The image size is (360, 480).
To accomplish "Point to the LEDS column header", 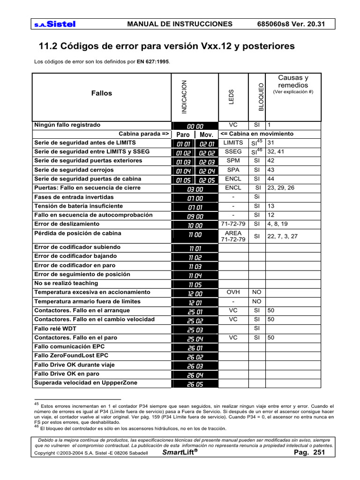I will click(x=231, y=97).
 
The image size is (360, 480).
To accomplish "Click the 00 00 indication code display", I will click(x=195, y=126).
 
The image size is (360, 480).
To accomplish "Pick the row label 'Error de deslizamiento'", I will click(x=67, y=224).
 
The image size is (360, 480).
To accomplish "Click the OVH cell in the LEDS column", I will click(x=233, y=292).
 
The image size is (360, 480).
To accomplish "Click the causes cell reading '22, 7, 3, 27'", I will click(x=282, y=236).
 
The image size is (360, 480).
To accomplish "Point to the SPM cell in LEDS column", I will click(x=233, y=160).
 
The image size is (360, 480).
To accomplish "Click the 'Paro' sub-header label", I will click(x=183, y=135).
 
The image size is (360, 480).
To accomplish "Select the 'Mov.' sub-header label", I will click(x=207, y=135).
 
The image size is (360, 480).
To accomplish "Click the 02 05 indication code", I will click(x=207, y=180).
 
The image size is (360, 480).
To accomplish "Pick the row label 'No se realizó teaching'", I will click(x=66, y=283).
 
